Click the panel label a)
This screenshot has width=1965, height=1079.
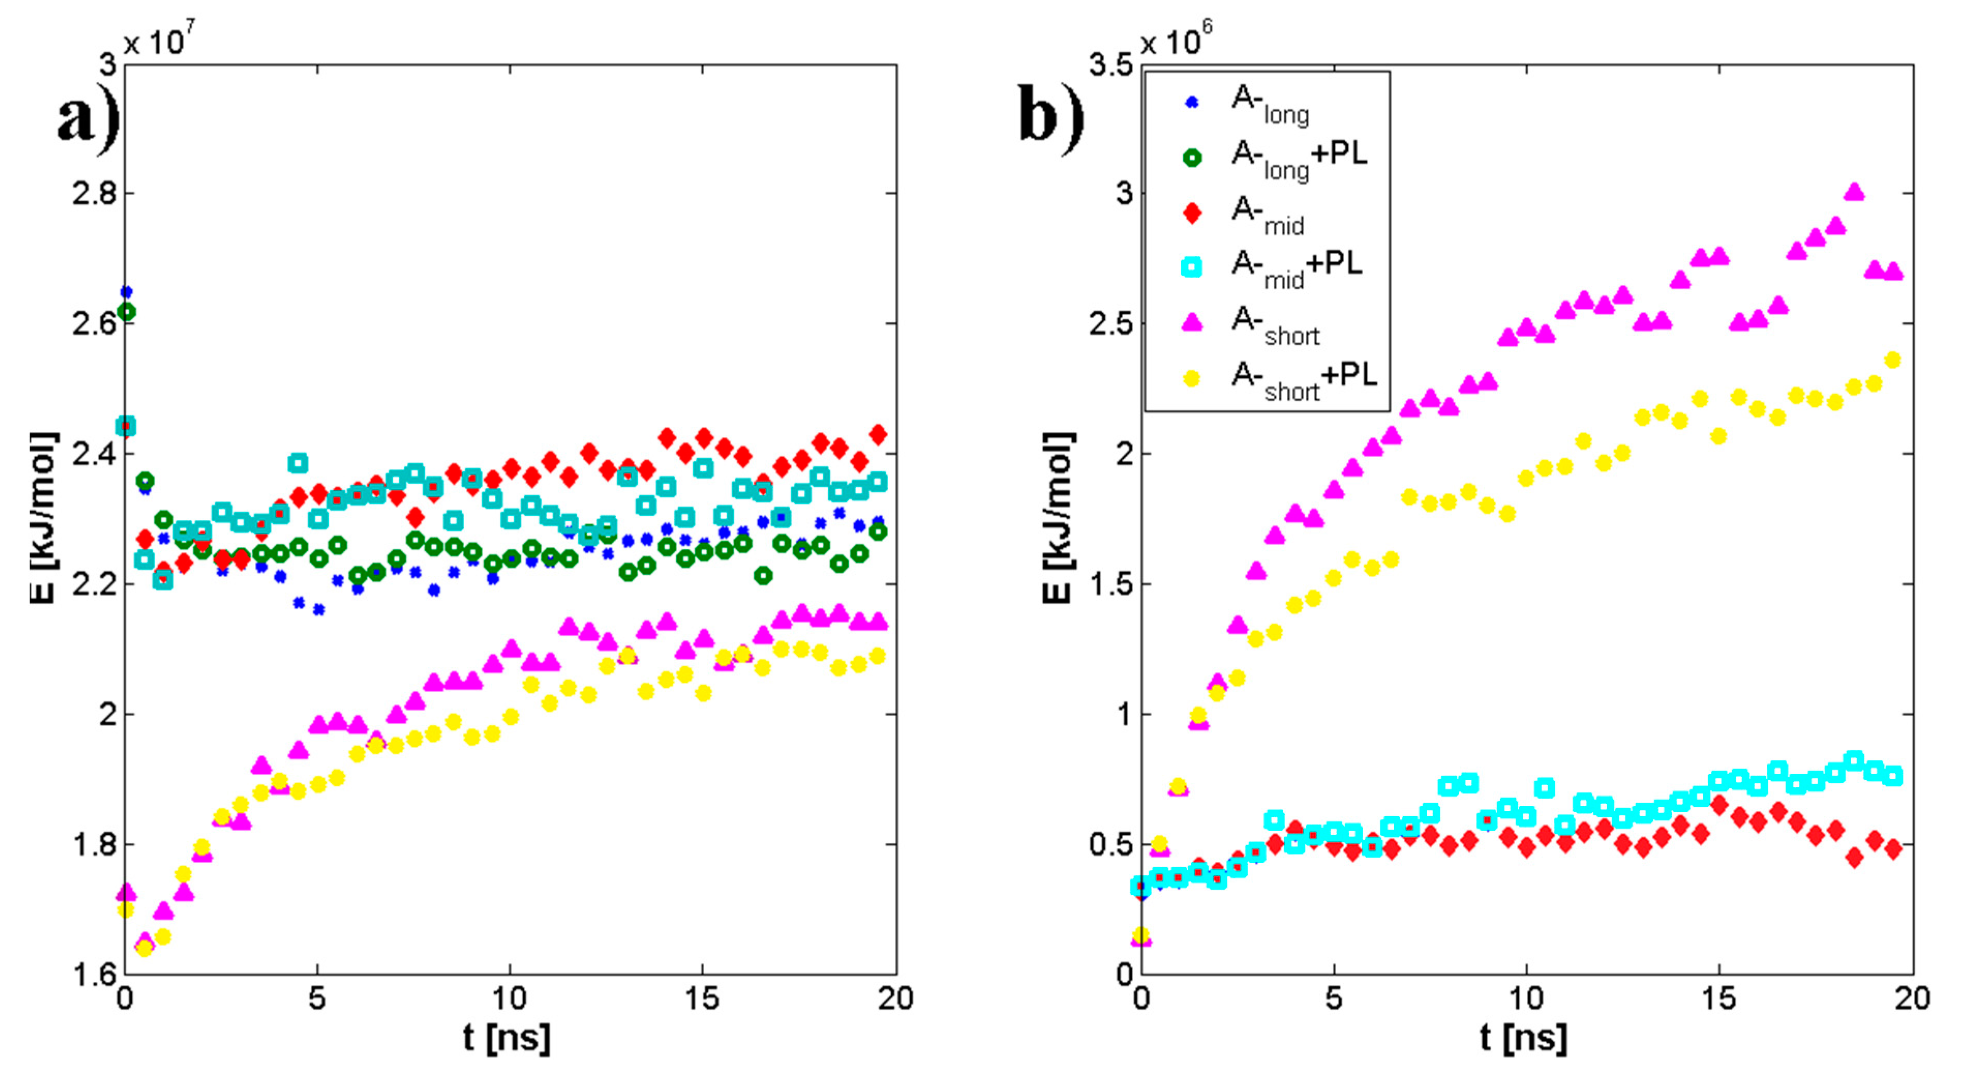coord(88,118)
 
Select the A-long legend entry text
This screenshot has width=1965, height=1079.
coord(1270,104)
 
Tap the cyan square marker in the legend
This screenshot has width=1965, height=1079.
coord(1192,267)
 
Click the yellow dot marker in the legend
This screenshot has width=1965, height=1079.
coord(1192,378)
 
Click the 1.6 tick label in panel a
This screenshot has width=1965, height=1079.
coord(94,975)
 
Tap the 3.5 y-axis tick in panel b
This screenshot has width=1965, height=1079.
coord(1110,66)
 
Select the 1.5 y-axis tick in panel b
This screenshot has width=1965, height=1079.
coord(1110,585)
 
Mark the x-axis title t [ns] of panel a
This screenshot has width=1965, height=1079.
coord(507,1038)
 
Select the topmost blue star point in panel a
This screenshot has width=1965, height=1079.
coord(127,292)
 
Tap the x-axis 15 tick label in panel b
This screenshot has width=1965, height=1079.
coord(1718,999)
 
